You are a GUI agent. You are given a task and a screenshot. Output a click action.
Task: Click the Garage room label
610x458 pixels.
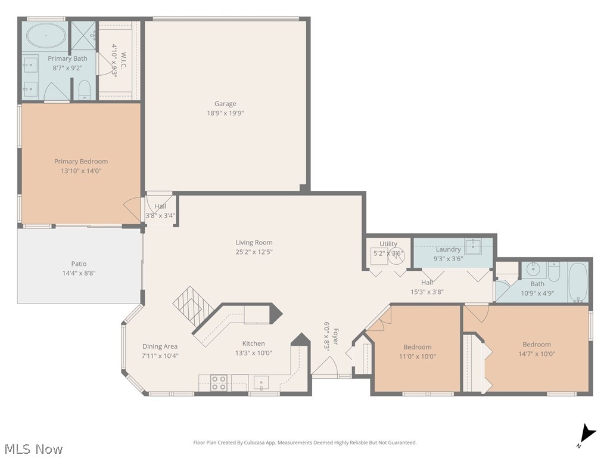point(225,104)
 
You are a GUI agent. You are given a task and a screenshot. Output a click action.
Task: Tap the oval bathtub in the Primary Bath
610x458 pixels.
point(46,36)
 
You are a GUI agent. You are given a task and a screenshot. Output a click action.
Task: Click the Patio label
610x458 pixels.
point(79,264)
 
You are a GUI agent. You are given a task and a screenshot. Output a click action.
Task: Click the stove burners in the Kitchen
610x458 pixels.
point(219,382)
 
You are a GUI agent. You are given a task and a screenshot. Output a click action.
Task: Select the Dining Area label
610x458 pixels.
point(160,346)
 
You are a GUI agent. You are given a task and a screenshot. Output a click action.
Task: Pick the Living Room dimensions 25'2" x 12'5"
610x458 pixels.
point(254,252)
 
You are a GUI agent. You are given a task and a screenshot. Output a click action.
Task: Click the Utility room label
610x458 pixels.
point(388,244)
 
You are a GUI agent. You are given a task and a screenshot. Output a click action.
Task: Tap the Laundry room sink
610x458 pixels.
point(473,245)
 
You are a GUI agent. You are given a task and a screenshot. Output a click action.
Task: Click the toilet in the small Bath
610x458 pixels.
point(553,273)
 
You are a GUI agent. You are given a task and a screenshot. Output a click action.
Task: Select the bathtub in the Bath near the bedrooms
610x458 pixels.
point(577,281)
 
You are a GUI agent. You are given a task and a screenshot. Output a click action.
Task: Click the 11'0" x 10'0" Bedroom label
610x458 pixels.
point(417,347)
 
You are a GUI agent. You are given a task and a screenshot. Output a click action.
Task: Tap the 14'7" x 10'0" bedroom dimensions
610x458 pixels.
point(536,354)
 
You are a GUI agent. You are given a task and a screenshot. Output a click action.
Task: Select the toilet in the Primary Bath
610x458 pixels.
point(85,91)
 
